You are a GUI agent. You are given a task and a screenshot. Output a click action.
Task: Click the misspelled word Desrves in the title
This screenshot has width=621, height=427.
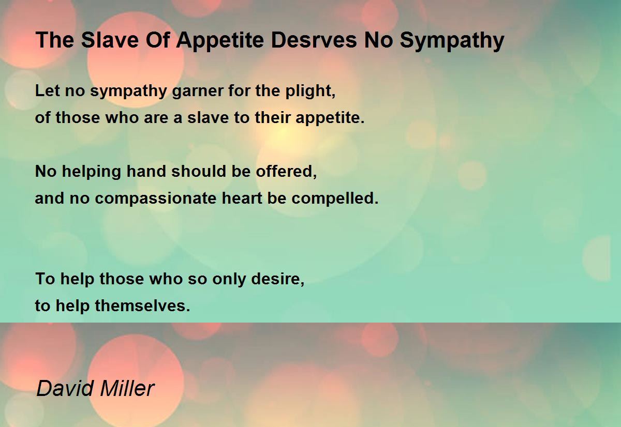(314, 40)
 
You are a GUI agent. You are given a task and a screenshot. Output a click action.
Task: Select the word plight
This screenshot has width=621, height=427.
(310, 90)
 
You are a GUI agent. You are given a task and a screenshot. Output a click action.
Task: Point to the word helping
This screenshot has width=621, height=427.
(91, 172)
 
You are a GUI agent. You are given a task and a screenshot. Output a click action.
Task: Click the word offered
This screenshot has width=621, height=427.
(286, 171)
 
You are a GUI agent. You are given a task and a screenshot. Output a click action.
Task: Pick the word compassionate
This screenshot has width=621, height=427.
(155, 199)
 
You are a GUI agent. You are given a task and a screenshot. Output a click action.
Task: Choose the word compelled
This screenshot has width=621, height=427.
(335, 198)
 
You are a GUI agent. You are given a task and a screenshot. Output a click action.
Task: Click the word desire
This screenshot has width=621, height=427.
(277, 279)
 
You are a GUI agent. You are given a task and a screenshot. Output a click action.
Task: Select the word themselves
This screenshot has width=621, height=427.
(142, 306)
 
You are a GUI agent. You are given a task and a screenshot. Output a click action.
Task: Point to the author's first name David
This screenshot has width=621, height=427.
(65, 388)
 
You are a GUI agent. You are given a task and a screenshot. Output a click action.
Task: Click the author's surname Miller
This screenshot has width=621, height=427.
(127, 388)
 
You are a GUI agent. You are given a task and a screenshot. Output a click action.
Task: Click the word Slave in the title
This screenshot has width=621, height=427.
(110, 40)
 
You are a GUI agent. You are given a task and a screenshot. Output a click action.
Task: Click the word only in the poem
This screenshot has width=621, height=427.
(229, 279)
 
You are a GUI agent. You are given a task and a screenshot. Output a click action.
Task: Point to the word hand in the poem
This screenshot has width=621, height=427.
(146, 171)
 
